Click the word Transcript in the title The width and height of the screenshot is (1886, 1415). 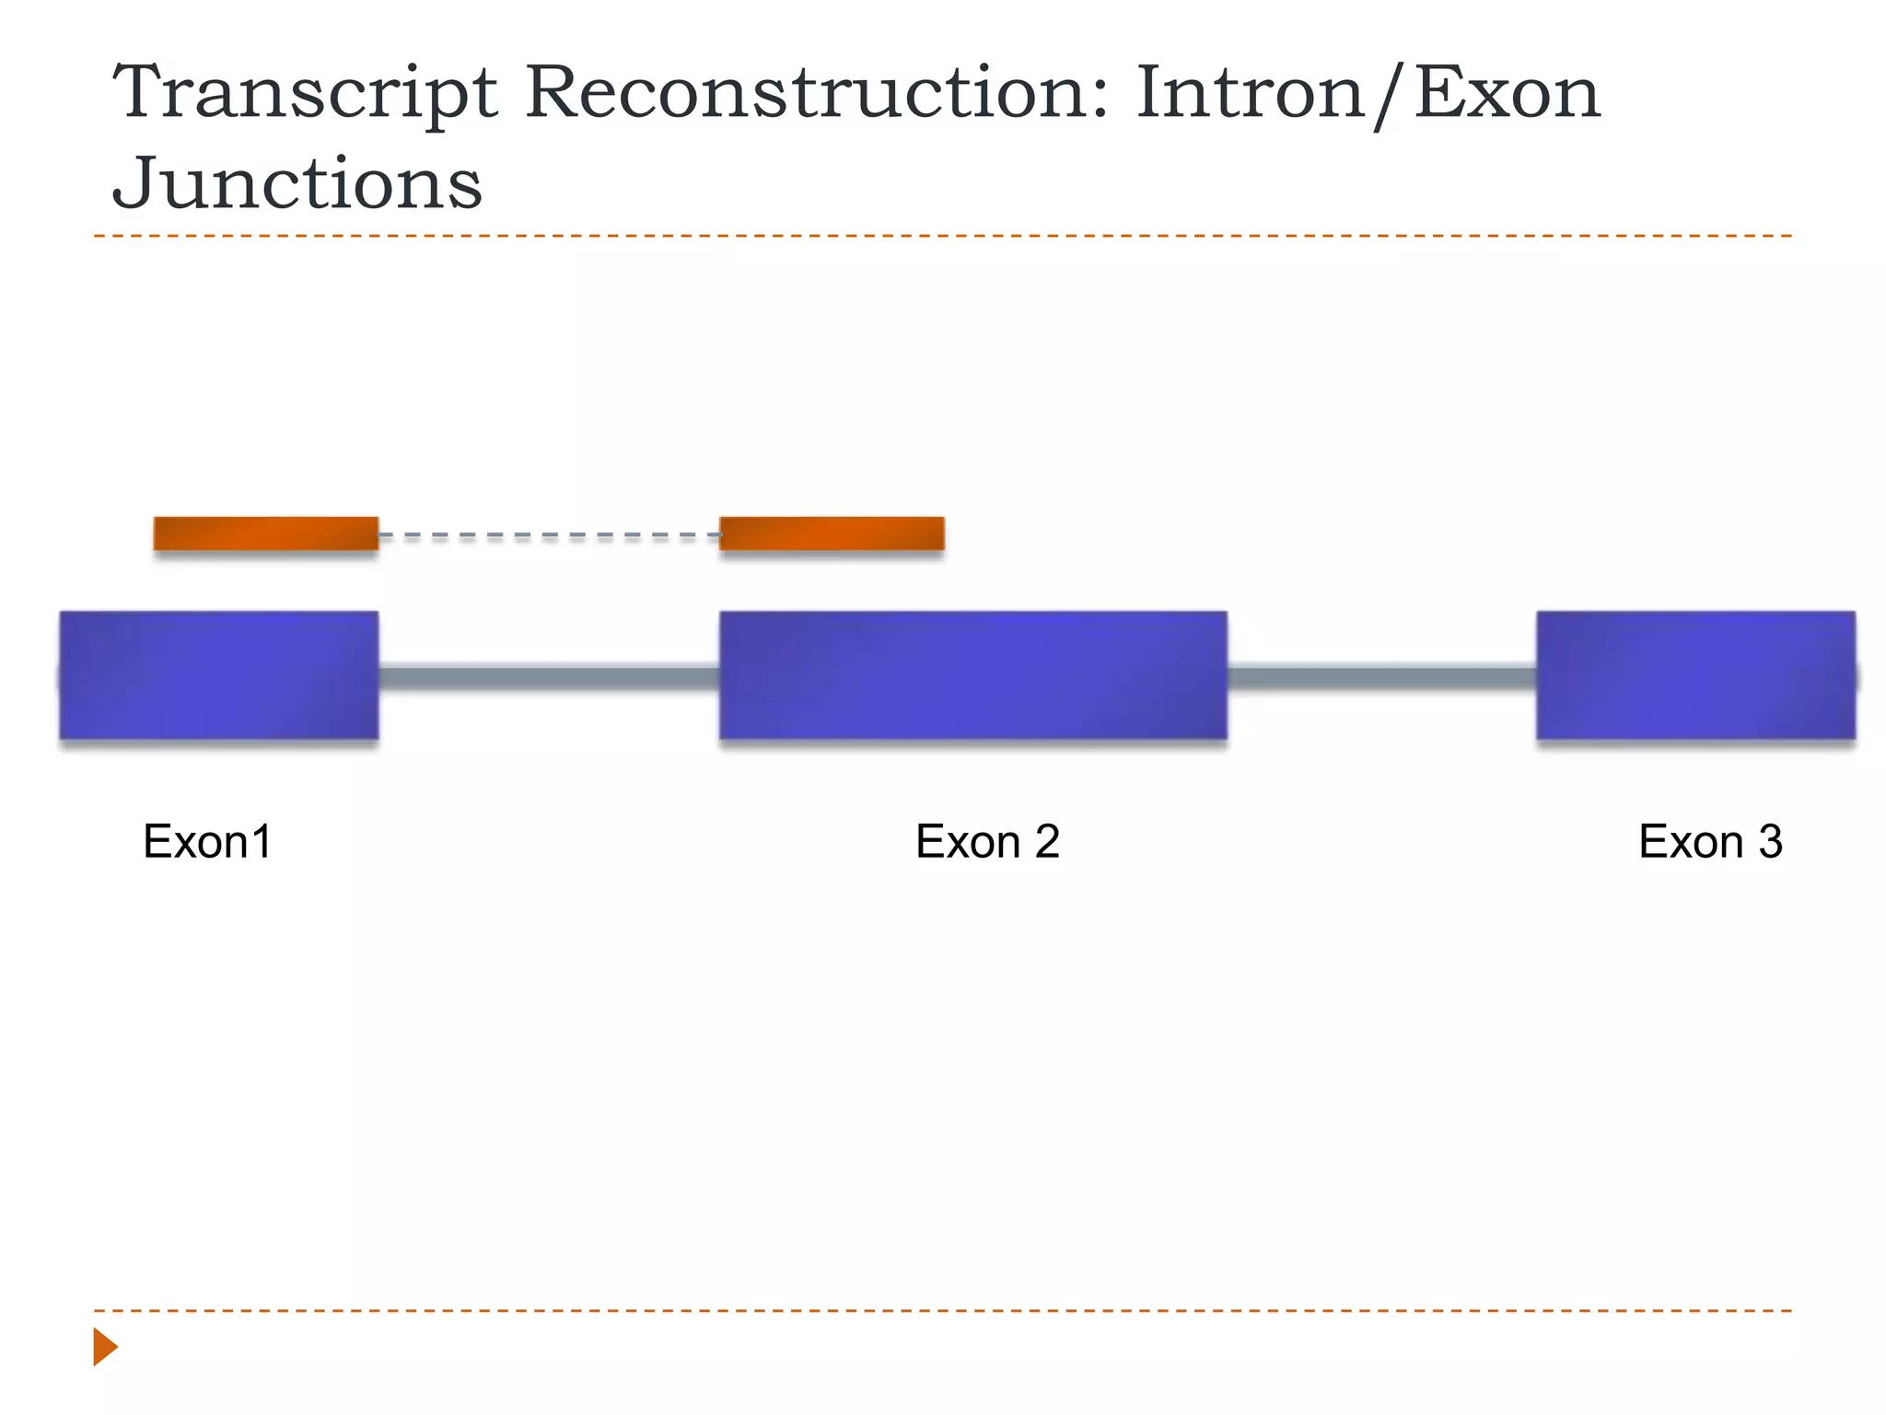click(x=305, y=95)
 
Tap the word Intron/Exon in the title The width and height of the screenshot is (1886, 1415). click(x=1368, y=95)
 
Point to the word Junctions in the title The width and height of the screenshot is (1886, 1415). click(x=297, y=182)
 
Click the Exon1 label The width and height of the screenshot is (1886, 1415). click(x=207, y=841)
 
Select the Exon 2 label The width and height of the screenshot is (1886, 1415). click(x=987, y=841)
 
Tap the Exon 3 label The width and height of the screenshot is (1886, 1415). click(x=1710, y=841)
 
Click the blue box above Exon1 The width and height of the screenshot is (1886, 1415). click(x=219, y=675)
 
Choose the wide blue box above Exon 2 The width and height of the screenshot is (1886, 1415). click(x=972, y=675)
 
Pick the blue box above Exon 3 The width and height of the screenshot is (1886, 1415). click(x=1695, y=675)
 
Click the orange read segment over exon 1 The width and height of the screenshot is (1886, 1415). click(x=266, y=533)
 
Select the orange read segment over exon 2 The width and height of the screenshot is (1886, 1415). click(x=832, y=533)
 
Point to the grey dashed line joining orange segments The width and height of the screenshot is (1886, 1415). click(x=549, y=535)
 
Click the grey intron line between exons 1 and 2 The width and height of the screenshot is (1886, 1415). click(x=549, y=679)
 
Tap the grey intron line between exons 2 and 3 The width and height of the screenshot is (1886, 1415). click(x=1381, y=679)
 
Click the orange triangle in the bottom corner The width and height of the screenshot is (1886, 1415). click(x=105, y=1347)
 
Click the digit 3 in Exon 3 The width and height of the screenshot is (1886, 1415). click(x=1770, y=841)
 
